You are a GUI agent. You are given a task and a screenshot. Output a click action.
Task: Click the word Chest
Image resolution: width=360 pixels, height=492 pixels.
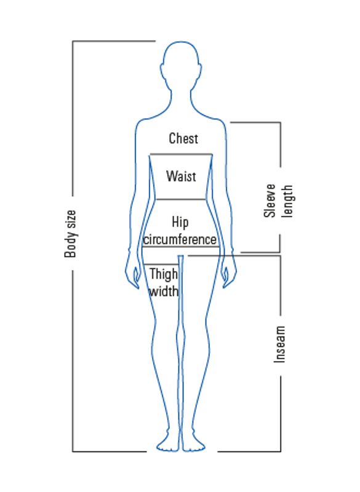tap(183, 138)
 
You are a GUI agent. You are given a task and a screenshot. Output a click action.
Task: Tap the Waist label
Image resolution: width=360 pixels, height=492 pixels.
tap(182, 176)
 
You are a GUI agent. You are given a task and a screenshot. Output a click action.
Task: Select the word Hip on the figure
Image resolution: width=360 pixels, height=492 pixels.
tap(180, 223)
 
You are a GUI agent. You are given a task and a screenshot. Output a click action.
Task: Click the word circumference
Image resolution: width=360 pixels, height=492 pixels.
tap(180, 239)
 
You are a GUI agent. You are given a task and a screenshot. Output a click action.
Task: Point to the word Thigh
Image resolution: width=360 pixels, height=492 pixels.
tap(164, 274)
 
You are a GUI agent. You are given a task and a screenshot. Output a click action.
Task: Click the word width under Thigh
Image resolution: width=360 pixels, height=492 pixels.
tap(164, 291)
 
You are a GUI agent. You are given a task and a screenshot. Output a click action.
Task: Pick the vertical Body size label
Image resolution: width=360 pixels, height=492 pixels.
tap(70, 234)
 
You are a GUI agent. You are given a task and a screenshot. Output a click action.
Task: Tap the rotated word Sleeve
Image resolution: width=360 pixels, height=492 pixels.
tap(270, 201)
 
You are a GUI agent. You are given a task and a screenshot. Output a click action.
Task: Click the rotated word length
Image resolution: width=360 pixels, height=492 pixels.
tap(287, 201)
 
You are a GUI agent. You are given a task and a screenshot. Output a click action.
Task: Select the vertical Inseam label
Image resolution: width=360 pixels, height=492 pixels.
tap(279, 344)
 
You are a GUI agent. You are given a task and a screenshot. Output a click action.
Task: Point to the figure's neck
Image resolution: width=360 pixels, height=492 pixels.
tap(182, 100)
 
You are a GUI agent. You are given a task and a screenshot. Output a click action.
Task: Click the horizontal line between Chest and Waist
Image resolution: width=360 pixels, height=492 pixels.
tap(181, 154)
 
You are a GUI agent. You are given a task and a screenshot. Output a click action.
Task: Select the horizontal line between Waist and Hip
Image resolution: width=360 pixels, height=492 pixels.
tap(181, 199)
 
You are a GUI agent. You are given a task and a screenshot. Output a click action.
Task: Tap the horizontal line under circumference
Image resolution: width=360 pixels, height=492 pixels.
tap(180, 247)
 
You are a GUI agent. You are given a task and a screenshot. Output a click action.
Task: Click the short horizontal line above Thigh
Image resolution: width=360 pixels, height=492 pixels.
tap(161, 264)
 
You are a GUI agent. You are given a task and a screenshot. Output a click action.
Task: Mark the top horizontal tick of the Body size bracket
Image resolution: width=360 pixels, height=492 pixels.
tap(114, 41)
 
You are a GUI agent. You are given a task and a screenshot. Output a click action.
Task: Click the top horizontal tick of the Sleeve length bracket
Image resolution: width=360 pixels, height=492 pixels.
tap(255, 122)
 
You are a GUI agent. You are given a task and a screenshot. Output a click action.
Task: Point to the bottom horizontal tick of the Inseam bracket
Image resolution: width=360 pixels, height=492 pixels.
tap(249, 451)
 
